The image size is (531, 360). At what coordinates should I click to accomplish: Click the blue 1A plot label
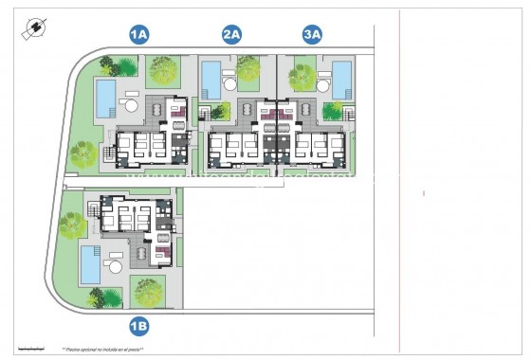click(139, 35)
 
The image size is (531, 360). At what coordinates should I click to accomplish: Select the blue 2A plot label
click(232, 35)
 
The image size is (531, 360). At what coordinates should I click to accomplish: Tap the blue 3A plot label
click(312, 35)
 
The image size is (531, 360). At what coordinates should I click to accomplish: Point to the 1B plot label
click(139, 327)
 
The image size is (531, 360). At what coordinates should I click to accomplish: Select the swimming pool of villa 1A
click(105, 94)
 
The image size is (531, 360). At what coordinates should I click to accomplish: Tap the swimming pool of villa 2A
click(211, 75)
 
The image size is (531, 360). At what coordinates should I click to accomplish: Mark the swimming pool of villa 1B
click(91, 264)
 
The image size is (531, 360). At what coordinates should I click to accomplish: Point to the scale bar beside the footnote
click(29, 348)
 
